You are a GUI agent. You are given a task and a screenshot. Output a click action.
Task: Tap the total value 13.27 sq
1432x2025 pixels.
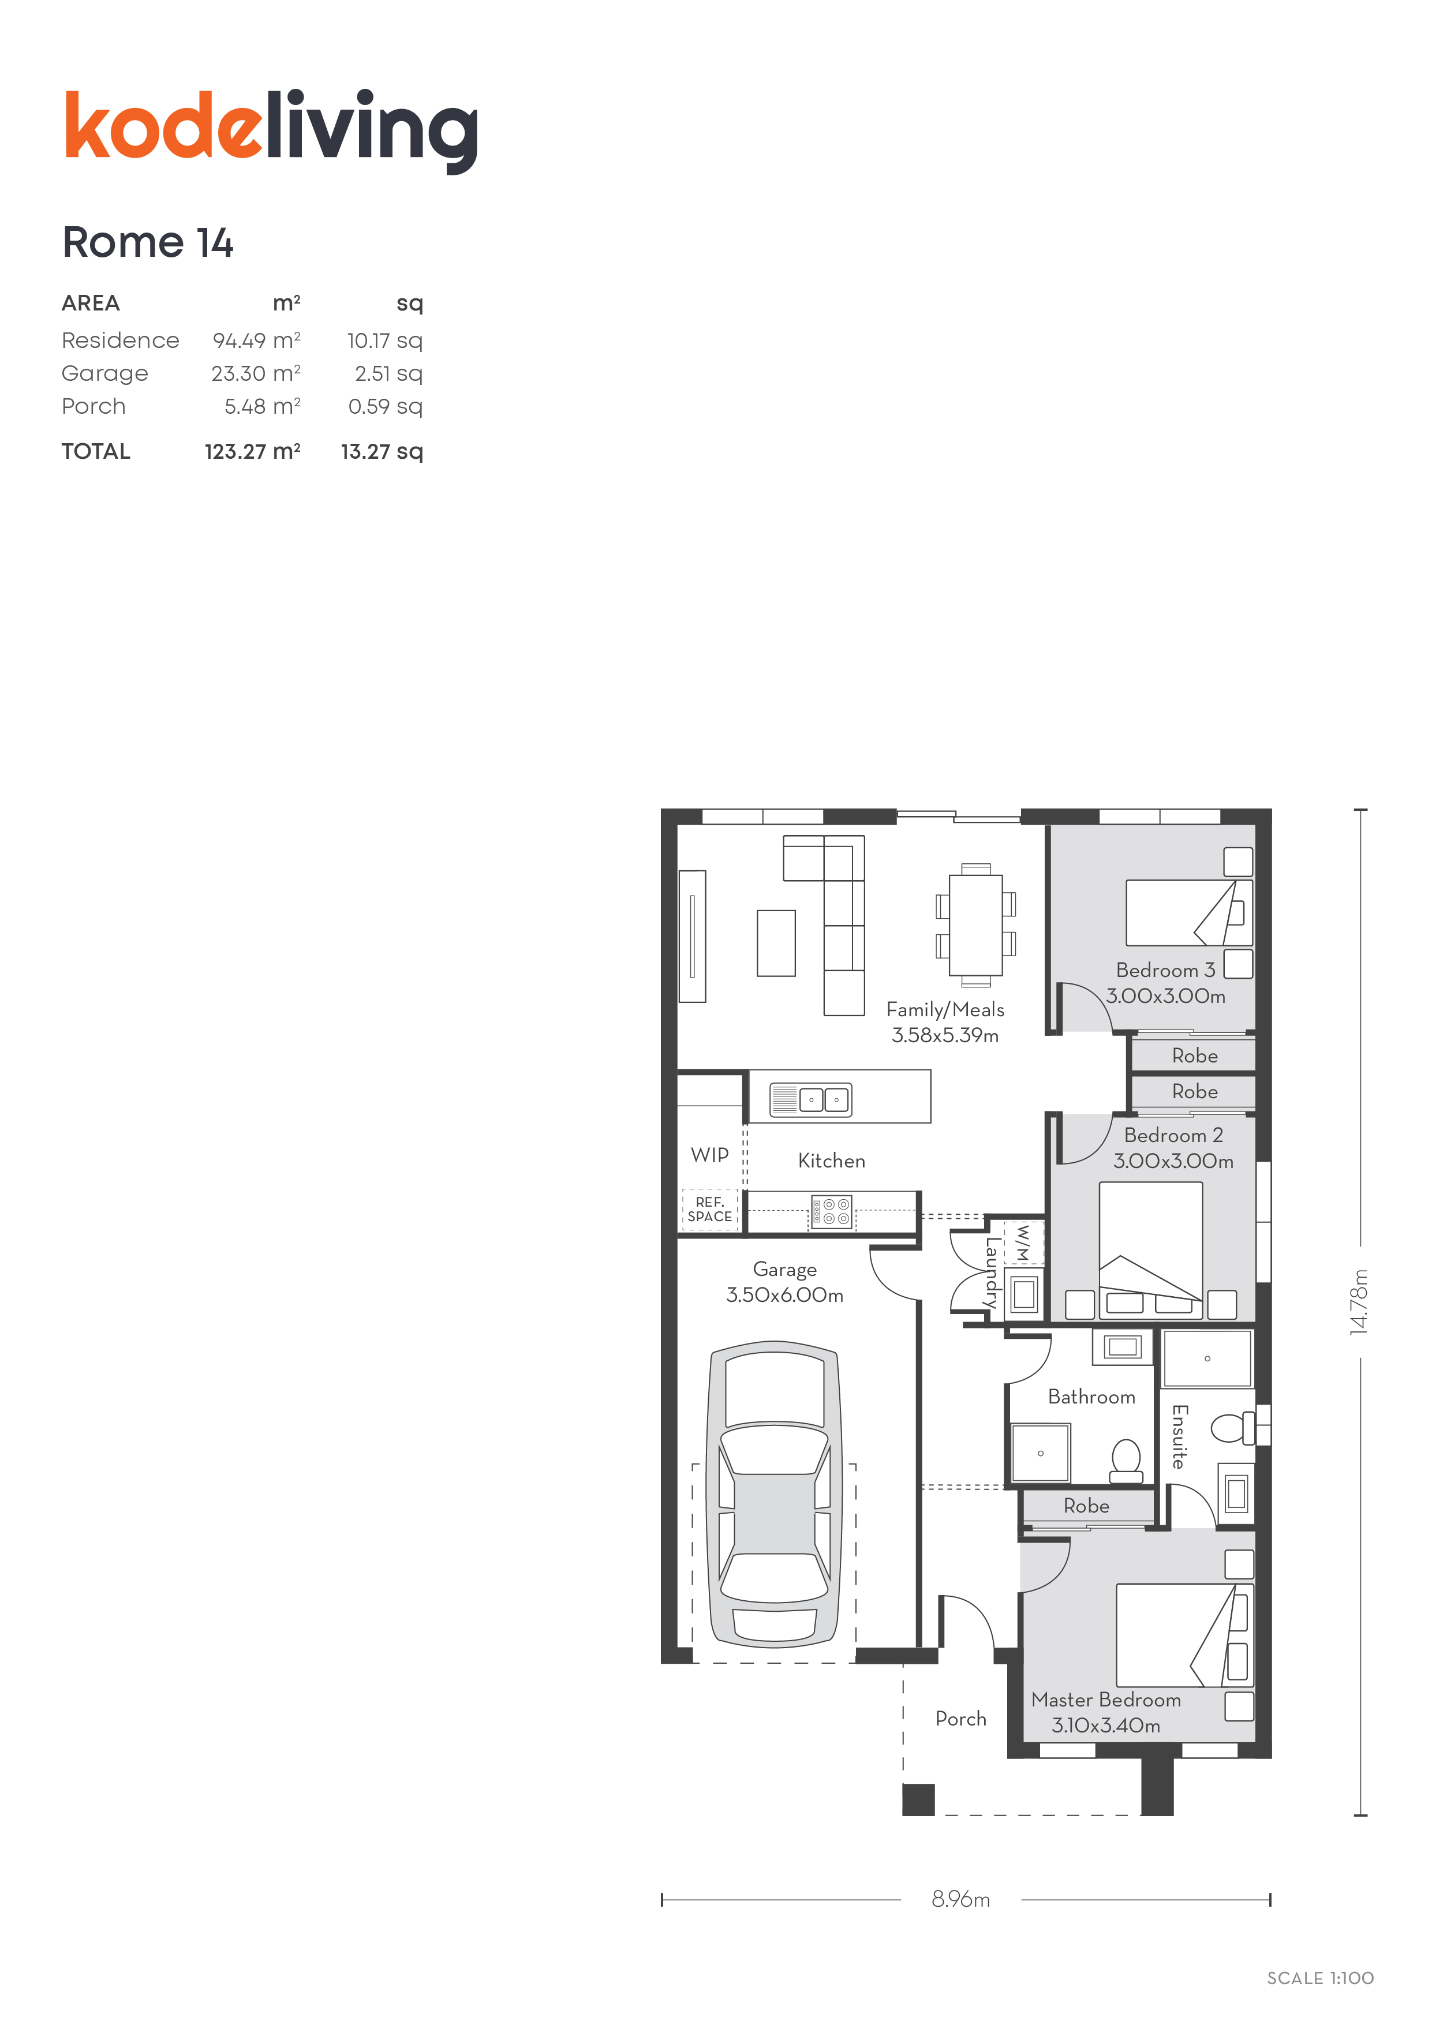click(382, 451)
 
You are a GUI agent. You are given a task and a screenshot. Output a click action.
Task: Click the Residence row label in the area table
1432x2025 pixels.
click(120, 340)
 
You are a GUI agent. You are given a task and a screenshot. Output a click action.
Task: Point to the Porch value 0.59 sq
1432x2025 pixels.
click(386, 407)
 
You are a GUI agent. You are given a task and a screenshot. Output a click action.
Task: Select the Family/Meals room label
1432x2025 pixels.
click(945, 1010)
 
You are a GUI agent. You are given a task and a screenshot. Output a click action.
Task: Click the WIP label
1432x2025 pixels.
click(709, 1155)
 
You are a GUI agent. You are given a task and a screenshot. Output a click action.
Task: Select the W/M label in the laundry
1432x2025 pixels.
click(1023, 1242)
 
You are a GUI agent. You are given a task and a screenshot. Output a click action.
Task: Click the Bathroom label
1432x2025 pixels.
click(1091, 1397)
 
